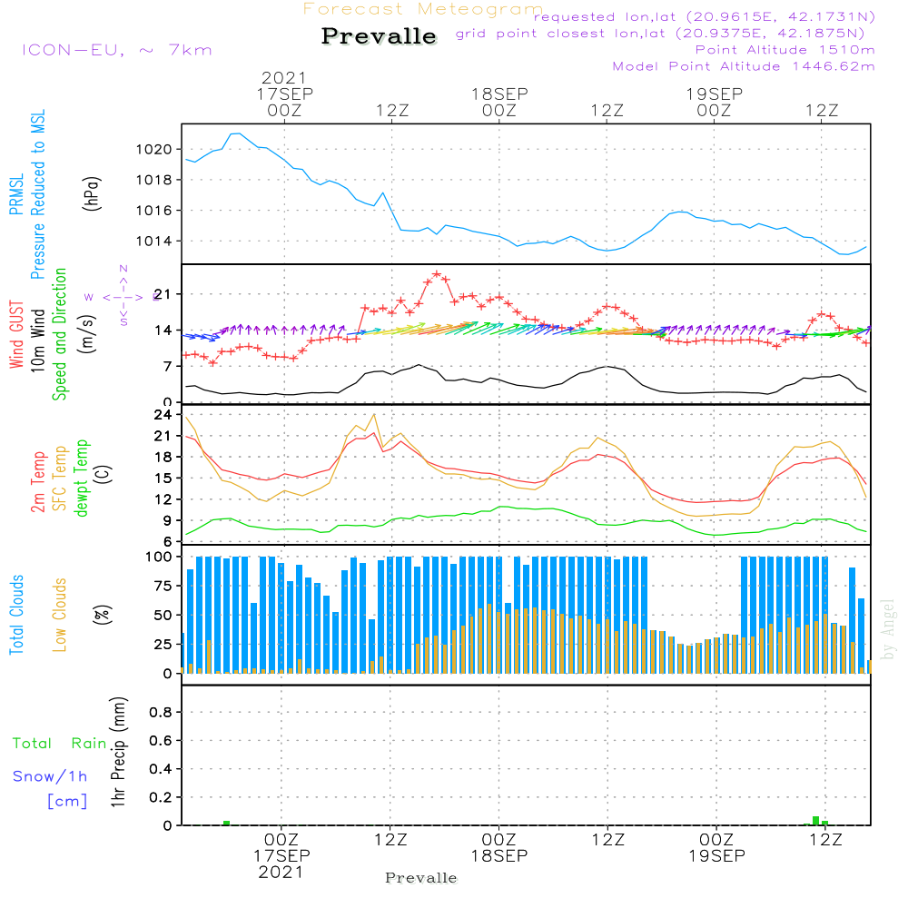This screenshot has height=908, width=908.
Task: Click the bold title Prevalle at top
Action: (379, 37)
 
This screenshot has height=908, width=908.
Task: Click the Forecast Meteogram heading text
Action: (423, 9)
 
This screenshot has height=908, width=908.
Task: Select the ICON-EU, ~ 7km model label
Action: (116, 50)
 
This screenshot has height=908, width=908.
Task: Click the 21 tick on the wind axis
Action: (163, 294)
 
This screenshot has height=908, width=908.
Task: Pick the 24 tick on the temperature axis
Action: (163, 415)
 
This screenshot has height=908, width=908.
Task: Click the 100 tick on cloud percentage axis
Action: (160, 557)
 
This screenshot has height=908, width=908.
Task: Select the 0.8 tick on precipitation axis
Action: (162, 713)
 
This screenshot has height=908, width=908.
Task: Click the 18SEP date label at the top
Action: (498, 94)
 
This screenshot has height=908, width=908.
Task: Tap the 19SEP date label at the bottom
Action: (716, 856)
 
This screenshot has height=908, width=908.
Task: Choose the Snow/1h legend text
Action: (51, 776)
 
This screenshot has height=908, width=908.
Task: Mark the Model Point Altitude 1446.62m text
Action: (744, 66)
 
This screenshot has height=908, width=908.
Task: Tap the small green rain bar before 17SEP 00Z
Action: (226, 823)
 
